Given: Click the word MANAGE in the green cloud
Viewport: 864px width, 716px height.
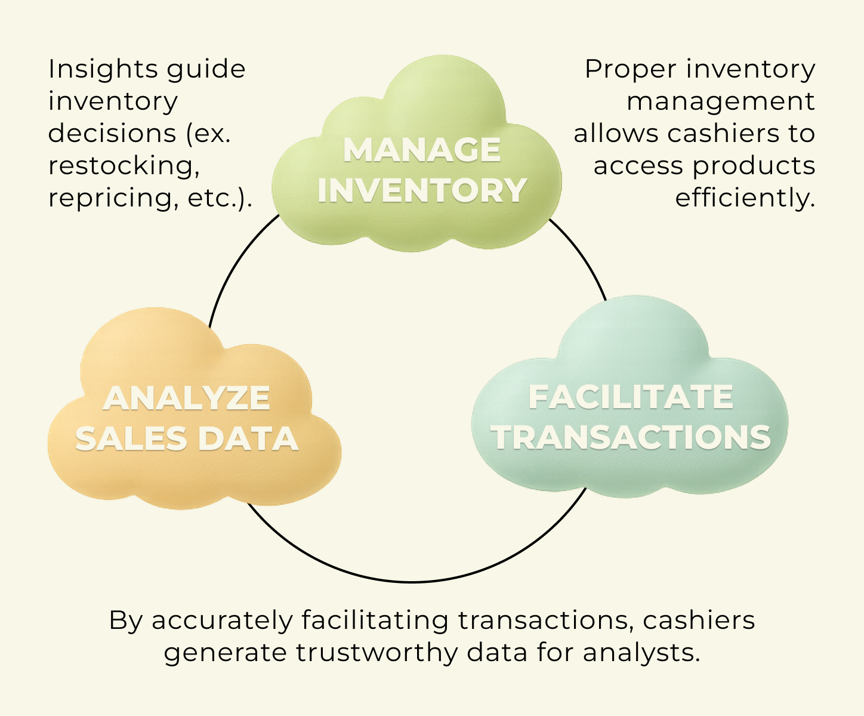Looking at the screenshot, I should point(421,150).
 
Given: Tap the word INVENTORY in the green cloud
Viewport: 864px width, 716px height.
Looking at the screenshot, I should point(421,190).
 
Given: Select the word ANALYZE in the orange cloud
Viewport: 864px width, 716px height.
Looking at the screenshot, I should point(186,399).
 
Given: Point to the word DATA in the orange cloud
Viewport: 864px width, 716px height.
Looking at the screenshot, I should point(248,439).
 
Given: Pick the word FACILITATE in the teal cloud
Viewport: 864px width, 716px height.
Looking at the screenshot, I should point(630,397).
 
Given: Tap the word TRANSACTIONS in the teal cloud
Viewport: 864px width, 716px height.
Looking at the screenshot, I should point(631,437).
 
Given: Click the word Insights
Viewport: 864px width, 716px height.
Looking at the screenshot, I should point(101,69).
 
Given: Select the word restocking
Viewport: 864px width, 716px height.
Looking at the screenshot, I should point(124,166).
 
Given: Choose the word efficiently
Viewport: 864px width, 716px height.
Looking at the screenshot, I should point(745,197).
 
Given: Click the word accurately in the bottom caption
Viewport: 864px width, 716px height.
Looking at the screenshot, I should point(222,621).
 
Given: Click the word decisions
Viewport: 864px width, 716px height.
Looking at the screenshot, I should point(112,133).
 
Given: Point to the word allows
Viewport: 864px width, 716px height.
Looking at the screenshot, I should point(616,133).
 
